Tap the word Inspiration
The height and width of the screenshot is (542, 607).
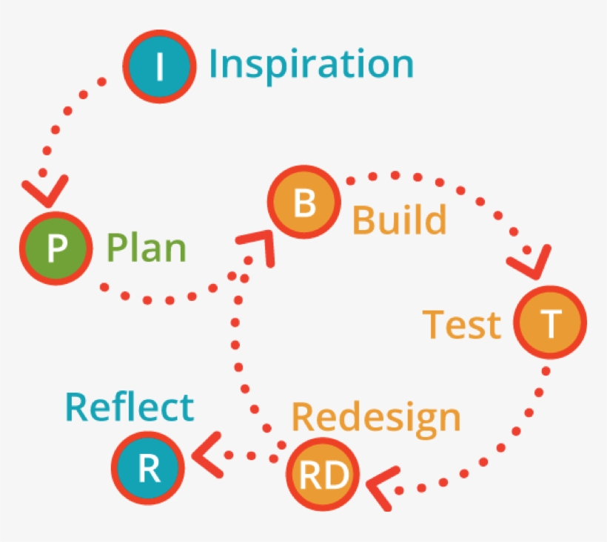311,64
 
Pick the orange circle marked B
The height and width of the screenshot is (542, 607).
304,203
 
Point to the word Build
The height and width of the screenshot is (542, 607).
399,220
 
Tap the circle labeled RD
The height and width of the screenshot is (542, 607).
322,476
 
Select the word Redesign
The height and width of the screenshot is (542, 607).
376,419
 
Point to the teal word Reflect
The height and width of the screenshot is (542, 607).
130,407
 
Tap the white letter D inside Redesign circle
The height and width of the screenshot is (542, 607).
335,477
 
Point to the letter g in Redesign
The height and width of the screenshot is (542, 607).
416,422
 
